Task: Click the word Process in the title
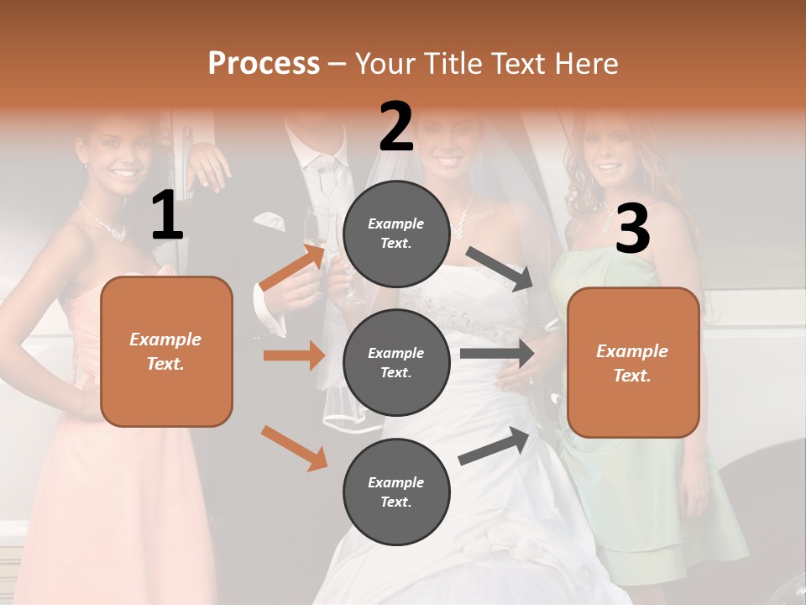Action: point(264,64)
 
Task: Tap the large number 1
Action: point(167,216)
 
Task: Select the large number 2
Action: point(396,127)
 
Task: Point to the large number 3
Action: point(632,229)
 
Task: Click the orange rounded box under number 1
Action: point(166,351)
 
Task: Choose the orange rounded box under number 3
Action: point(633,362)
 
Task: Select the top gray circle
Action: point(396,234)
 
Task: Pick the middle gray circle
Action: point(396,362)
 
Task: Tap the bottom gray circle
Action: point(396,492)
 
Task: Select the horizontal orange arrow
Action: point(294,355)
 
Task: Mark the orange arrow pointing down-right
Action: point(295,448)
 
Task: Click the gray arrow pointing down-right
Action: point(500,269)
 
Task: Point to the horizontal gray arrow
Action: point(497,353)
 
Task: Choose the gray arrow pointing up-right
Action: point(495,445)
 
